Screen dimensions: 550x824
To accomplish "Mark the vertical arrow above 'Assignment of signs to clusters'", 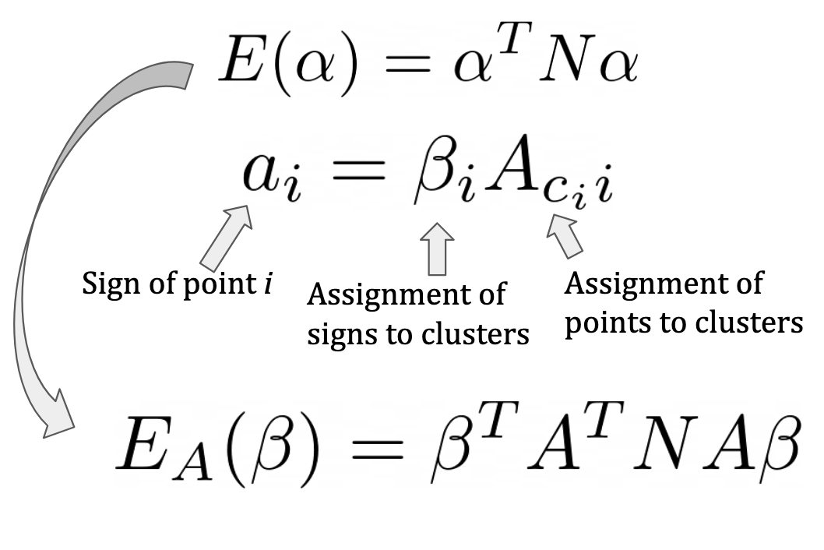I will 438,248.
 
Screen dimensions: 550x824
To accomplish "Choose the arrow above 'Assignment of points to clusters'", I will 564,237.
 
